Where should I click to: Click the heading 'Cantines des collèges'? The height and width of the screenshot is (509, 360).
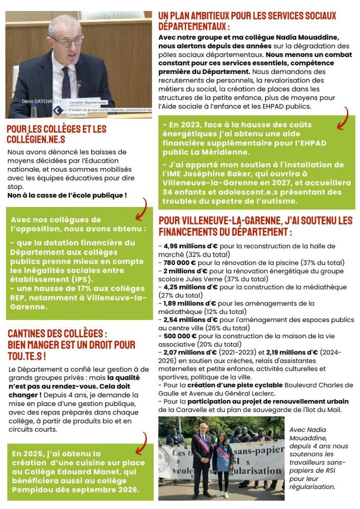[57, 333]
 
